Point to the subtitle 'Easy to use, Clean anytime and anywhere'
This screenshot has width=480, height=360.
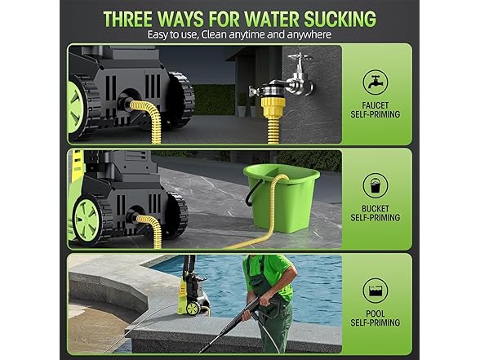click(x=239, y=35)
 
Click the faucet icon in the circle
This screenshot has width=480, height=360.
click(x=375, y=82)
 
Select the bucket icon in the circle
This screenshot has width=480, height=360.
click(x=375, y=185)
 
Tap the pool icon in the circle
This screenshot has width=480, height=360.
click(x=375, y=290)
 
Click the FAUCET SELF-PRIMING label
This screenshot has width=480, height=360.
click(x=375, y=110)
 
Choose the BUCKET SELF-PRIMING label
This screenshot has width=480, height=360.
click(x=375, y=214)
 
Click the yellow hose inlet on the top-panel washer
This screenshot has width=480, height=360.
click(x=143, y=109)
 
